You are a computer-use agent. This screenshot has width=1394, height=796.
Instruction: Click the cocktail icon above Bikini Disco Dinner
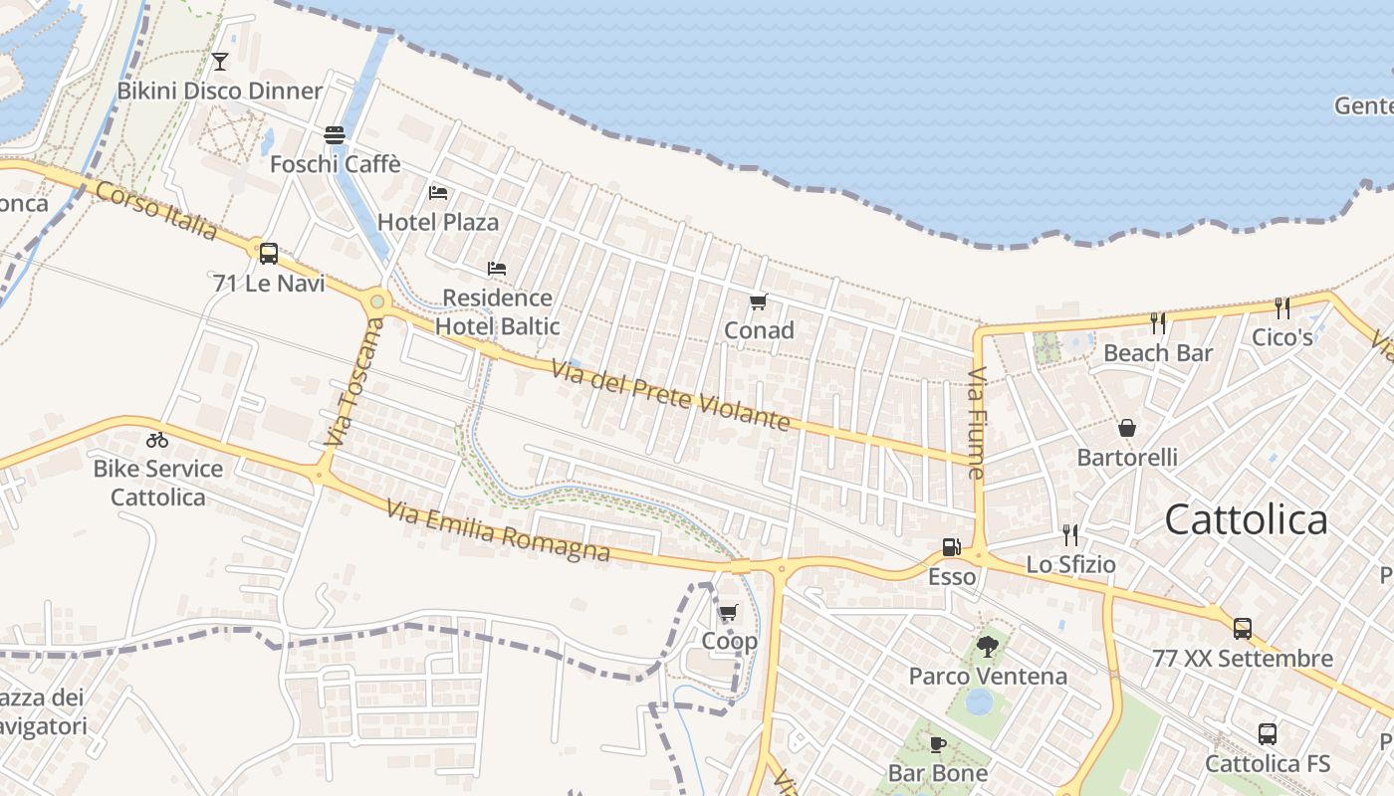pyautogui.click(x=220, y=61)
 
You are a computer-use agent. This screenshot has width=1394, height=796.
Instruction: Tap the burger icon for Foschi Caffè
pyautogui.click(x=335, y=134)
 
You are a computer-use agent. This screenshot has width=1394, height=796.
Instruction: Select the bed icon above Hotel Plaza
pyautogui.click(x=438, y=192)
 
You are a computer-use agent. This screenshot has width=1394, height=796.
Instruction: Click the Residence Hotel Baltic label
pyautogui.click(x=497, y=311)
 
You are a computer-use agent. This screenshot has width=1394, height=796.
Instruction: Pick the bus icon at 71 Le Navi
pyautogui.click(x=269, y=253)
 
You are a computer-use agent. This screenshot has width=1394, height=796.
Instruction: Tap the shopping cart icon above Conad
pyautogui.click(x=759, y=301)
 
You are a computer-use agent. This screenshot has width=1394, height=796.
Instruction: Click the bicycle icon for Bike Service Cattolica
pyautogui.click(x=157, y=439)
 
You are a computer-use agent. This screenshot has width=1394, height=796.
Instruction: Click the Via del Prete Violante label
pyautogui.click(x=671, y=396)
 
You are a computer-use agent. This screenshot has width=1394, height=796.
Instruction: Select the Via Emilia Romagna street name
pyautogui.click(x=498, y=531)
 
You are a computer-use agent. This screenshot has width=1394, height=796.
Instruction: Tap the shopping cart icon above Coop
pyautogui.click(x=729, y=612)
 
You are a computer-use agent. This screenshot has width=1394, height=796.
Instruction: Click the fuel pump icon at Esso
pyautogui.click(x=951, y=546)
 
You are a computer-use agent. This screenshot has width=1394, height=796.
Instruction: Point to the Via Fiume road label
pyautogui.click(x=977, y=424)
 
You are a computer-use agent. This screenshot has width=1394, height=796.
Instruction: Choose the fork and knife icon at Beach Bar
pyautogui.click(x=1158, y=323)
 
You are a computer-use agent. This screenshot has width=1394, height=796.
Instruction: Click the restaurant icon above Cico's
pyautogui.click(x=1282, y=308)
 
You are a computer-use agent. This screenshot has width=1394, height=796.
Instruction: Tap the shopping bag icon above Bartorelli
pyautogui.click(x=1127, y=428)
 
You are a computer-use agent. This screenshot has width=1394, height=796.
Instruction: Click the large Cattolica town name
pyautogui.click(x=1246, y=519)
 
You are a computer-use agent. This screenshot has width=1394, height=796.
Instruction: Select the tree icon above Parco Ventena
pyautogui.click(x=987, y=647)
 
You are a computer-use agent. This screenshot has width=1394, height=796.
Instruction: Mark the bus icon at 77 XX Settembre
pyautogui.click(x=1243, y=629)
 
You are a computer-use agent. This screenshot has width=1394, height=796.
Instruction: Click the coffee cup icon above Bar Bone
pyautogui.click(x=937, y=744)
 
